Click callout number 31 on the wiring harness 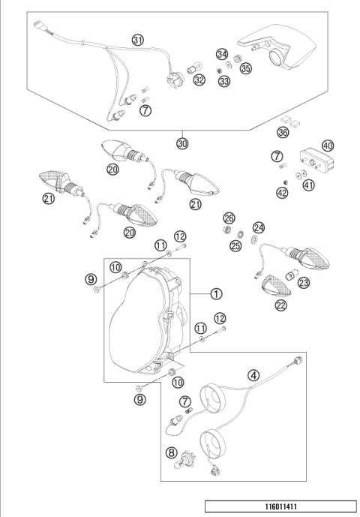point(137,40)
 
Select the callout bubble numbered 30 point(182,142)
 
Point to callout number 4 point(254,374)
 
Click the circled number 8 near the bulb point(172,452)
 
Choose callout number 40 point(327,146)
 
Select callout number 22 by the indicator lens point(280,305)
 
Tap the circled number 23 point(304,283)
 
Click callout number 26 point(229,218)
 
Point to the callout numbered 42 point(282,193)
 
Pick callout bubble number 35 point(245,68)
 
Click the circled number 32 point(198,79)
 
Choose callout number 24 point(259,227)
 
